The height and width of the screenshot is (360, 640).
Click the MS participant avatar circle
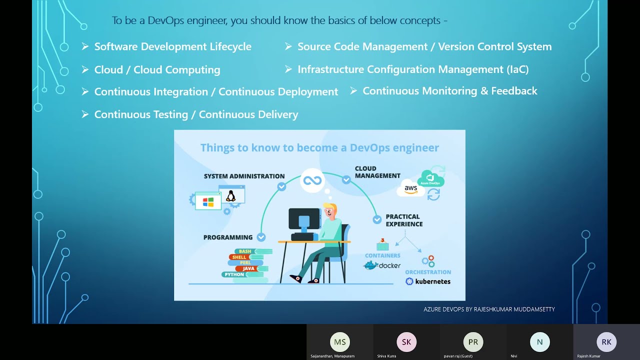coord(340,342)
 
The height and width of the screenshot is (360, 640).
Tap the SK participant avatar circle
coord(406,342)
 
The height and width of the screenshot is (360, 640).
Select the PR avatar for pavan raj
coord(473,342)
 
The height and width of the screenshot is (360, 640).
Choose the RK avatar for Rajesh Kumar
coord(606,342)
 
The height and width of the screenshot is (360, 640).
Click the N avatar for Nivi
coord(539,342)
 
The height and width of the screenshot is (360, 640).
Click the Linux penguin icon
coord(230,195)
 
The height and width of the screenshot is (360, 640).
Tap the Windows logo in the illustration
coord(208,201)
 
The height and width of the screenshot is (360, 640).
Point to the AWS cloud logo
coord(410,188)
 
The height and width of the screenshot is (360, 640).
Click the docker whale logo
coord(370,265)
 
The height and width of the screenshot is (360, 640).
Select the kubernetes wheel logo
coord(409,281)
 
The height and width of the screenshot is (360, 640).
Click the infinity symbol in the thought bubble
coord(312,180)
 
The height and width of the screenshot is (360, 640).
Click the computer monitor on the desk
coord(304,219)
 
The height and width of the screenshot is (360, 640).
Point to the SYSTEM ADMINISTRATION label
coord(244,176)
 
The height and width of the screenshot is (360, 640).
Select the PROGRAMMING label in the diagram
coord(228,237)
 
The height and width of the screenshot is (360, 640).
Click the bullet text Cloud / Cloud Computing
coord(157,70)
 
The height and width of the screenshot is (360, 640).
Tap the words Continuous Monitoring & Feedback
coord(449,91)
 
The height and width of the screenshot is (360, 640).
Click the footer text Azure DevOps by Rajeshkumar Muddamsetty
coord(489,309)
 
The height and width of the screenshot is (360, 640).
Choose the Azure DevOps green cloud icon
coord(430,178)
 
